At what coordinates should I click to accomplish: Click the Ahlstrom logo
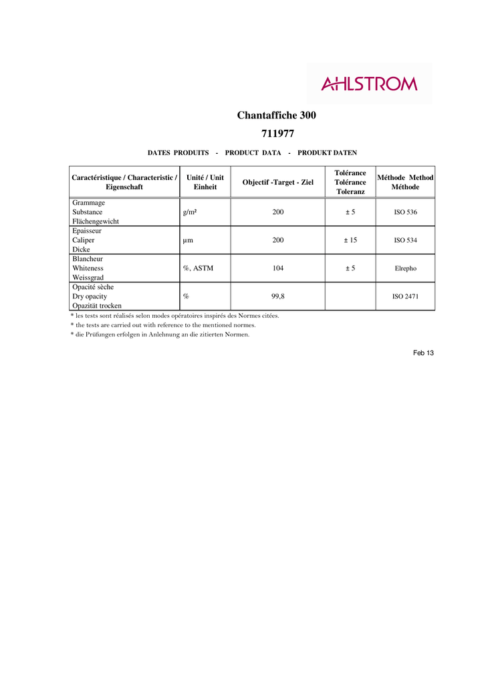pyautogui.click(x=369, y=84)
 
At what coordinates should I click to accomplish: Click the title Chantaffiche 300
pyautogui.click(x=276, y=115)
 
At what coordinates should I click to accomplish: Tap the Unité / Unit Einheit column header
pyautogui.click(x=205, y=182)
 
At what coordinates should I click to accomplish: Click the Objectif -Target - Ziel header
pyautogui.click(x=277, y=182)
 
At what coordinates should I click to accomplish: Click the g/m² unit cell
pyautogui.click(x=189, y=212)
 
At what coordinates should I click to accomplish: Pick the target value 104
pyautogui.click(x=278, y=268)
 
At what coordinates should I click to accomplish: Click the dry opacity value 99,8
pyautogui.click(x=278, y=296)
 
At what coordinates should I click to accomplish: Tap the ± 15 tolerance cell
pyautogui.click(x=350, y=240)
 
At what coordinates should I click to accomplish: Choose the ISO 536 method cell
pyautogui.click(x=405, y=212)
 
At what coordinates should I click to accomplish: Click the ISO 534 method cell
pyautogui.click(x=405, y=240)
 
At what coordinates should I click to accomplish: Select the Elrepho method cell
pyautogui.click(x=405, y=268)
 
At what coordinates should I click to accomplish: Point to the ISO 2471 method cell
pyautogui.click(x=405, y=296)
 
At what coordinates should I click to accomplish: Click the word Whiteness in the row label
pyautogui.click(x=88, y=268)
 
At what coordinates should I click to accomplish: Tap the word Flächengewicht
pyautogui.click(x=96, y=221)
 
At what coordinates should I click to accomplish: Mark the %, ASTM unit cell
pyautogui.click(x=198, y=268)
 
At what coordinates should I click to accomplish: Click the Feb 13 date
pyautogui.click(x=423, y=353)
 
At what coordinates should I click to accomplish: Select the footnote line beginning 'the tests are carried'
pyautogui.click(x=164, y=325)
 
